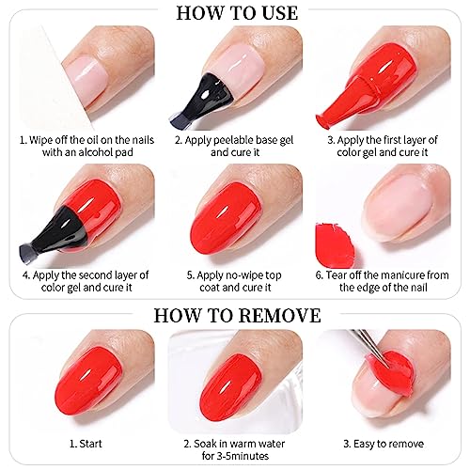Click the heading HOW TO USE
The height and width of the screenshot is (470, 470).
point(237,13)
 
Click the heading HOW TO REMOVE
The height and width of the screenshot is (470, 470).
point(237,315)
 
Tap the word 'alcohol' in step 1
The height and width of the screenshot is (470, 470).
point(94,152)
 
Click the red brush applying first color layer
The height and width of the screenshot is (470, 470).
point(345,102)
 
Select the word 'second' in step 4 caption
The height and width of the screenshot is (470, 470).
point(95,275)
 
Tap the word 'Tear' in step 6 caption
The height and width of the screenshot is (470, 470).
point(337,275)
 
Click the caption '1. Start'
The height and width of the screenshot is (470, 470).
point(86,444)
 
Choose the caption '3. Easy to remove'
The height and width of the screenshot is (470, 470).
point(384,444)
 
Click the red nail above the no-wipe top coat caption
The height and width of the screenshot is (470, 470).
point(226,222)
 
